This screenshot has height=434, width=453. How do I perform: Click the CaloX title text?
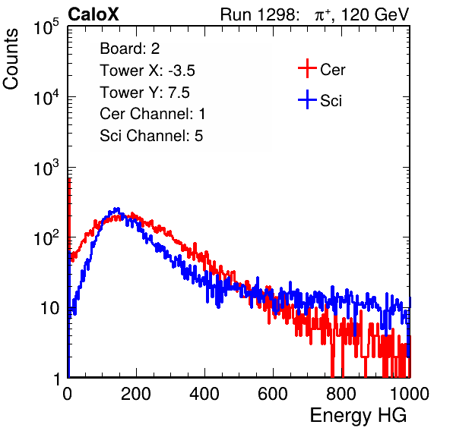click(x=93, y=14)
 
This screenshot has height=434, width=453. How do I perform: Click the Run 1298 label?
click(x=259, y=14)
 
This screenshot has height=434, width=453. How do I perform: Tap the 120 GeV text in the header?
click(x=375, y=14)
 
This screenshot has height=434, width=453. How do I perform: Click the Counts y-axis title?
click(x=11, y=59)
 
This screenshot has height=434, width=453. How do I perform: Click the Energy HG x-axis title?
click(x=359, y=416)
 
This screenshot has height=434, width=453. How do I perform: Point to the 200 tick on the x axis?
click(x=136, y=394)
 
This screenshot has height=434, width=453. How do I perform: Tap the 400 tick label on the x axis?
click(x=204, y=394)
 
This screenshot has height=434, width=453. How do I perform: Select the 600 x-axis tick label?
click(x=273, y=394)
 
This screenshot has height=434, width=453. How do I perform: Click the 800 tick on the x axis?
click(x=341, y=394)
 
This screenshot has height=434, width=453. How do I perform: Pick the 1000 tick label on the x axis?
click(x=410, y=394)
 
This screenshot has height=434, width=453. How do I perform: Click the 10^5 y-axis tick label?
click(x=46, y=27)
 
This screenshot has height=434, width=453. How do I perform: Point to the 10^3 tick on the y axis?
click(x=46, y=168)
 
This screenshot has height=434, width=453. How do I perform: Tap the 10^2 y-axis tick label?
click(x=46, y=237)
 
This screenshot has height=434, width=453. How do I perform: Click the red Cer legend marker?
click(x=307, y=68)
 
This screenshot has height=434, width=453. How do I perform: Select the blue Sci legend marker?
click(x=307, y=99)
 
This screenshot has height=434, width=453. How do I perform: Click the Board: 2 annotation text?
click(x=130, y=49)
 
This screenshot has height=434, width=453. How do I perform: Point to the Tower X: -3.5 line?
click(x=147, y=71)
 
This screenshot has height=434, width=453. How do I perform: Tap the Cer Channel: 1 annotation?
click(x=153, y=114)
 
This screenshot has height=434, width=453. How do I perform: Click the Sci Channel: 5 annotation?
click(x=151, y=136)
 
